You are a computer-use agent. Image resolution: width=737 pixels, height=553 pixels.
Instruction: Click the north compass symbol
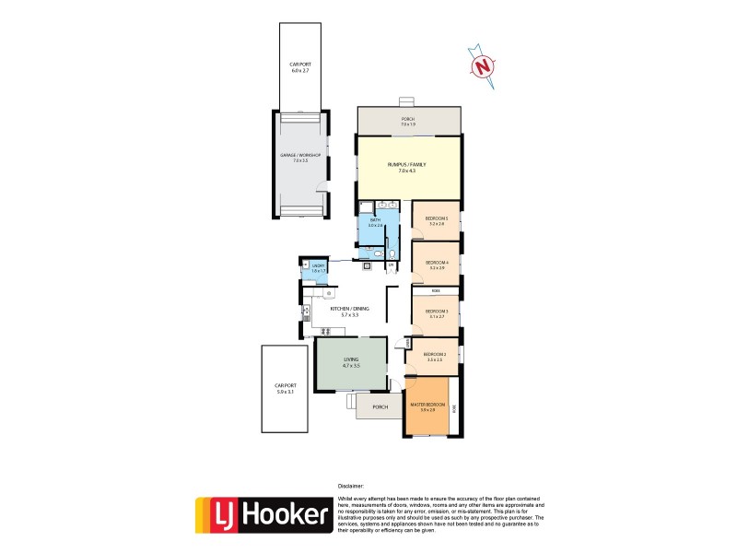(483, 65)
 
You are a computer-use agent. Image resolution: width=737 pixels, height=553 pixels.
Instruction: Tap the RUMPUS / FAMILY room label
(405, 165)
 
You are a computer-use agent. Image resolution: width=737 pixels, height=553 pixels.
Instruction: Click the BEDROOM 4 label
(436, 263)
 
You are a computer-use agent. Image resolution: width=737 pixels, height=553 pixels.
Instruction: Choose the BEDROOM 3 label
(436, 312)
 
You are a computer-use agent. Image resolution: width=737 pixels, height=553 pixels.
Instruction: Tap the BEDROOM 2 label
(435, 354)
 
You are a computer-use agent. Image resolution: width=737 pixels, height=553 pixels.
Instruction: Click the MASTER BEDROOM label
(427, 406)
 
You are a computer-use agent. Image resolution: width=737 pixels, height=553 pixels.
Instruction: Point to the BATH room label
(375, 220)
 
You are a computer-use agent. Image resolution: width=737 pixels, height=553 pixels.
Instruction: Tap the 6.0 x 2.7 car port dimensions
(297, 69)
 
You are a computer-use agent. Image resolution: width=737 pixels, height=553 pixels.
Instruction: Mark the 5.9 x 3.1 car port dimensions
(285, 393)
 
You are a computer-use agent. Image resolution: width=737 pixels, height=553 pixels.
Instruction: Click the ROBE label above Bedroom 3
(436, 291)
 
